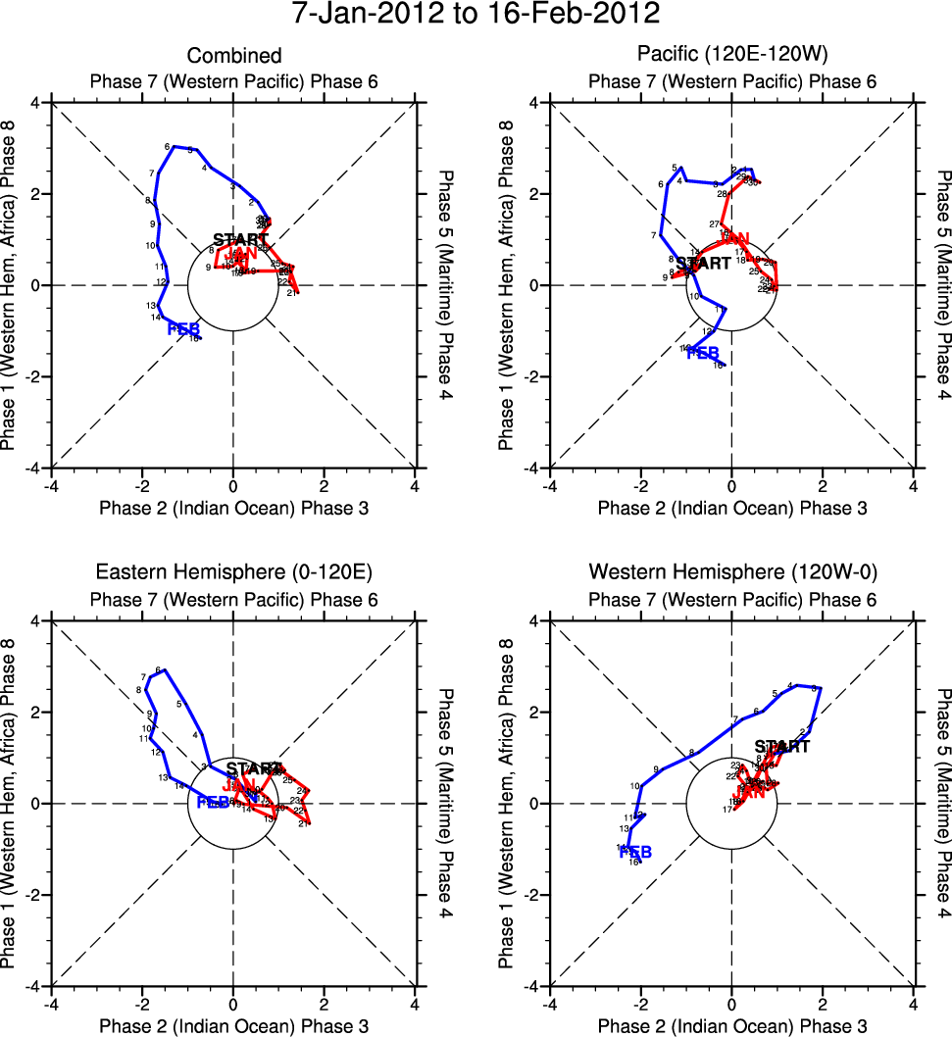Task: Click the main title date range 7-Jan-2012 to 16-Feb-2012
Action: click(476, 15)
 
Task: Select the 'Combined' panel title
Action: click(233, 56)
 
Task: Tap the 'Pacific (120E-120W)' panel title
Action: click(731, 56)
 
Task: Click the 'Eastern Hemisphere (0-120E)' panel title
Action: click(233, 571)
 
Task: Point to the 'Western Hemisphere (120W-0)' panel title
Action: click(731, 571)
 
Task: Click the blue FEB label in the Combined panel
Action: click(183, 328)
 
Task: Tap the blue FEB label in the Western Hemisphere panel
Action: click(634, 852)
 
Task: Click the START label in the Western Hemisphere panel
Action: click(781, 747)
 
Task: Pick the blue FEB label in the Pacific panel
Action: click(703, 353)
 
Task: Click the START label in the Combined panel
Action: click(240, 239)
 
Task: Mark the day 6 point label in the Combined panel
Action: click(168, 146)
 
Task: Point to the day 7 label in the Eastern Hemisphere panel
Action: click(144, 676)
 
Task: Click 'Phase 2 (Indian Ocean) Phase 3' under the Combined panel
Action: click(233, 507)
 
